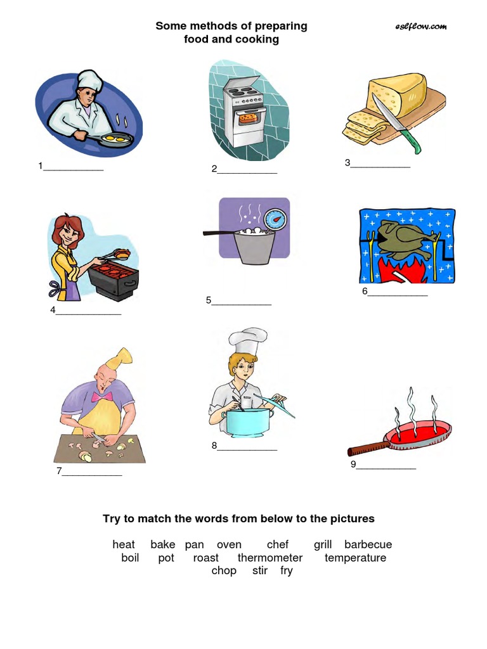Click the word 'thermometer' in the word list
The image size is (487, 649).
point(270,558)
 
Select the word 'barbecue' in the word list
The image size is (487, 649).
point(368,544)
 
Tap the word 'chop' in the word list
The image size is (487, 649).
point(224,570)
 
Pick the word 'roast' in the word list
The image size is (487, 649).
point(205,558)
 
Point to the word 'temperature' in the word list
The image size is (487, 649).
point(355,558)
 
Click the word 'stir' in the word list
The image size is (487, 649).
point(260,570)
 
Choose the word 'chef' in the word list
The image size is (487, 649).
point(278,544)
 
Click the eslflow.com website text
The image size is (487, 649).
point(420,27)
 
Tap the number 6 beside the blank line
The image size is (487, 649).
point(365,292)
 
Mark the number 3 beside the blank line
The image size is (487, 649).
point(347,163)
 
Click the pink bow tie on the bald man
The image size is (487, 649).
point(98,397)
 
